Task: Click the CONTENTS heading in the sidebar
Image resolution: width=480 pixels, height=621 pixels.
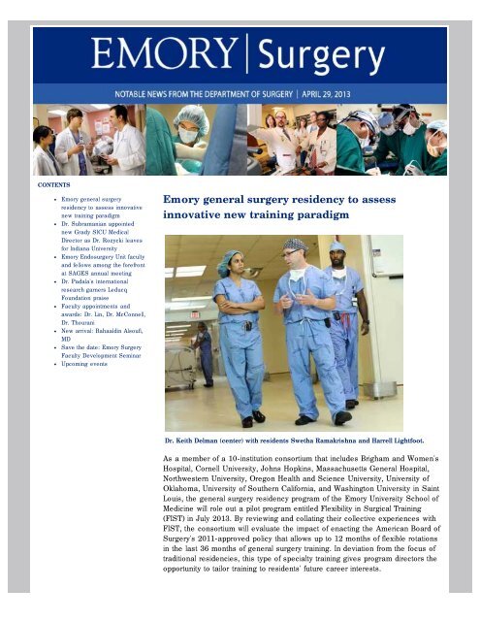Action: click(x=54, y=182)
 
